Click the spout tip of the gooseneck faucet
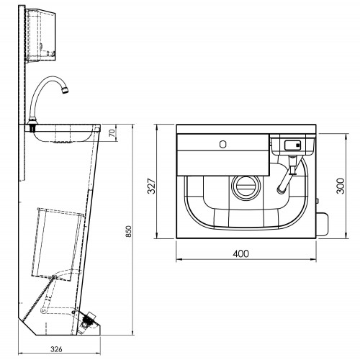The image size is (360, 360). click(66, 90)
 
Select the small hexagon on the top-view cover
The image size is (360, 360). click(224, 144)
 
